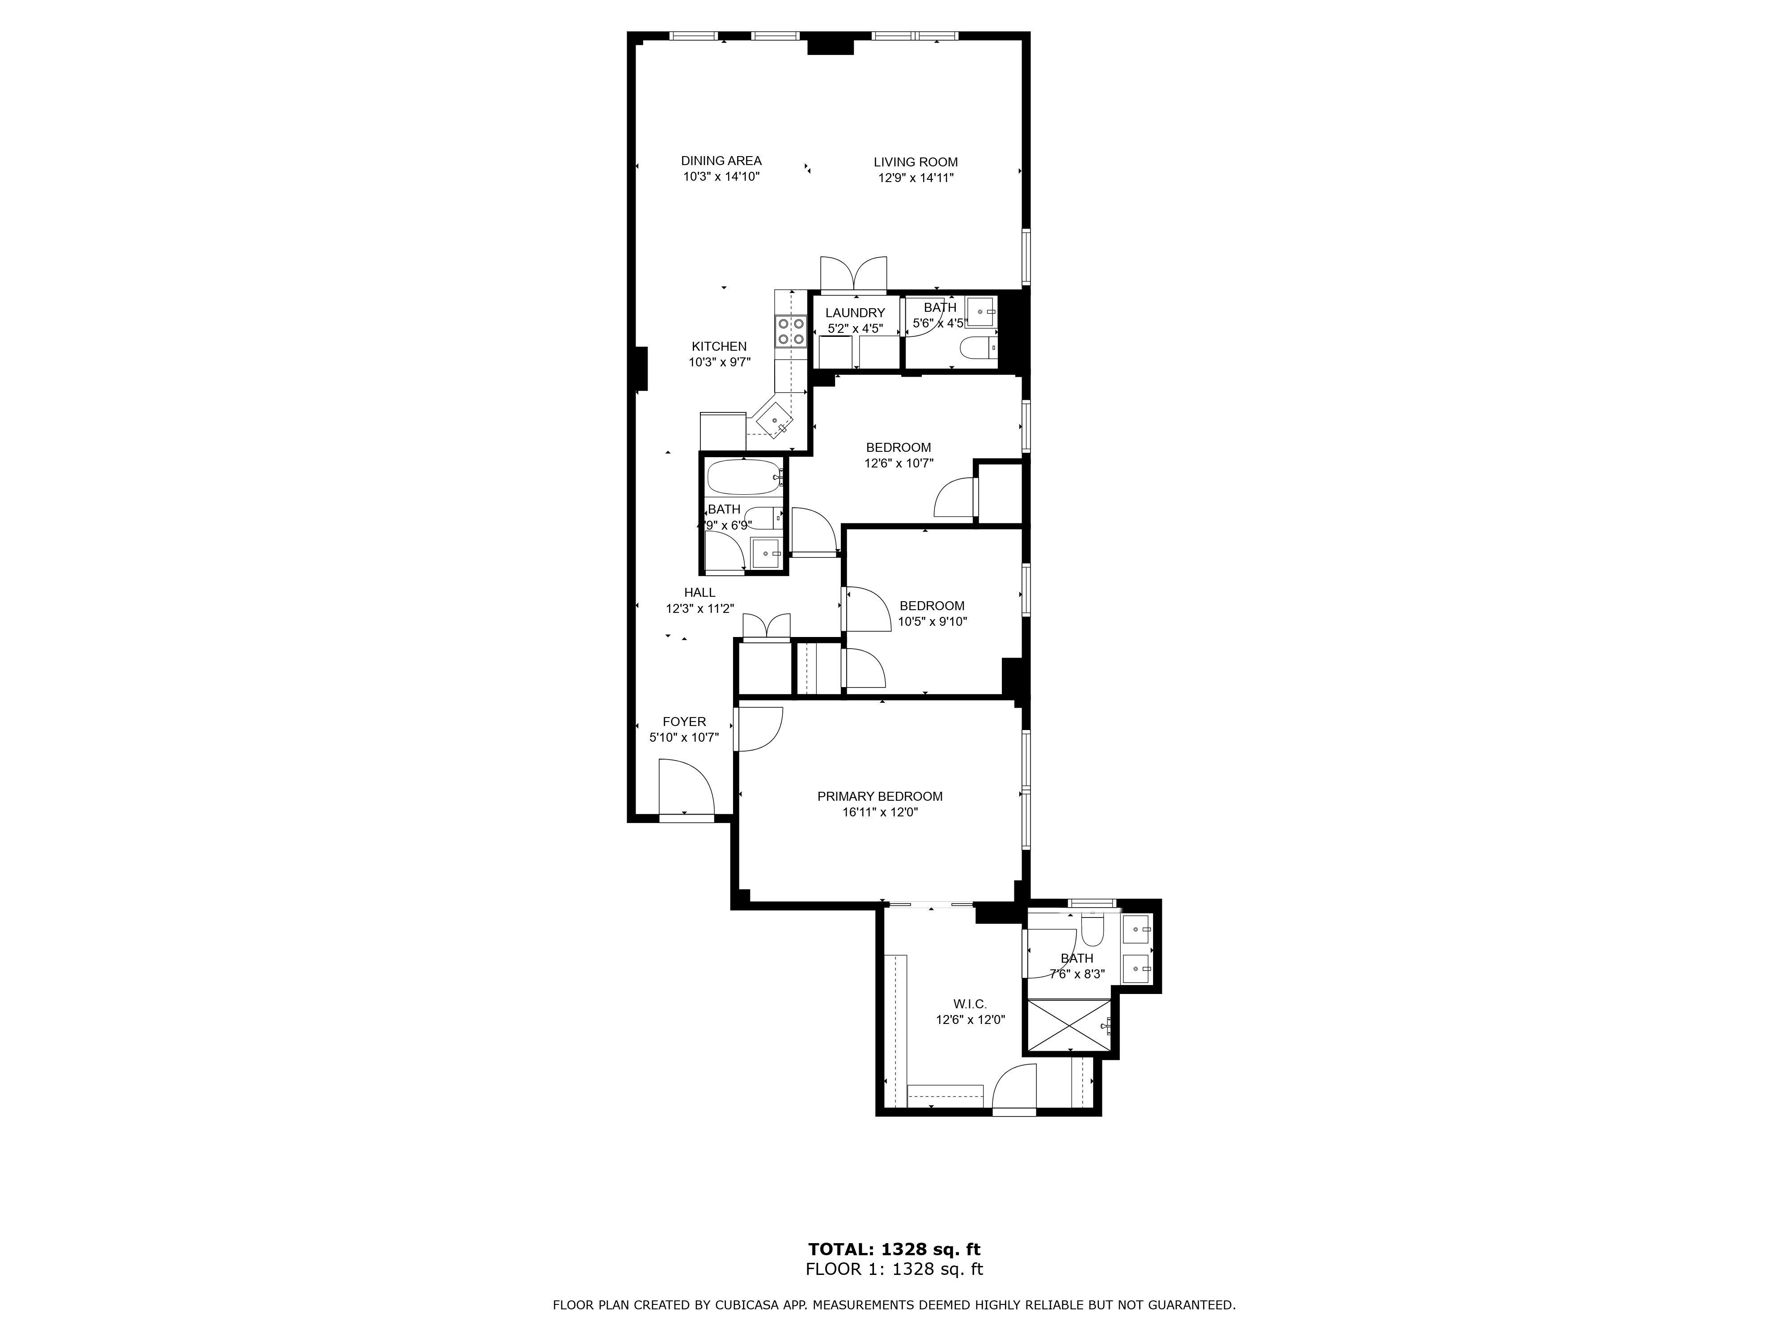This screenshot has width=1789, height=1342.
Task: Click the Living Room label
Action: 916,162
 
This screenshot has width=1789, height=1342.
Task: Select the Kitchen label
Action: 719,346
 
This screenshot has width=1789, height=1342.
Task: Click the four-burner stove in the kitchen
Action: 792,331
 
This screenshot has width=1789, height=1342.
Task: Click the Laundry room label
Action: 855,313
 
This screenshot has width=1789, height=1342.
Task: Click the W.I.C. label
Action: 970,1004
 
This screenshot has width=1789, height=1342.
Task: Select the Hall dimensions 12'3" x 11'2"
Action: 699,608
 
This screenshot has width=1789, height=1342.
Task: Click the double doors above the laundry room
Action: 853,273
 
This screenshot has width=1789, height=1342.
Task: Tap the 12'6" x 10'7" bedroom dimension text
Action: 899,463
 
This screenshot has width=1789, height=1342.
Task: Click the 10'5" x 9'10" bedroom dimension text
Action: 933,622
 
